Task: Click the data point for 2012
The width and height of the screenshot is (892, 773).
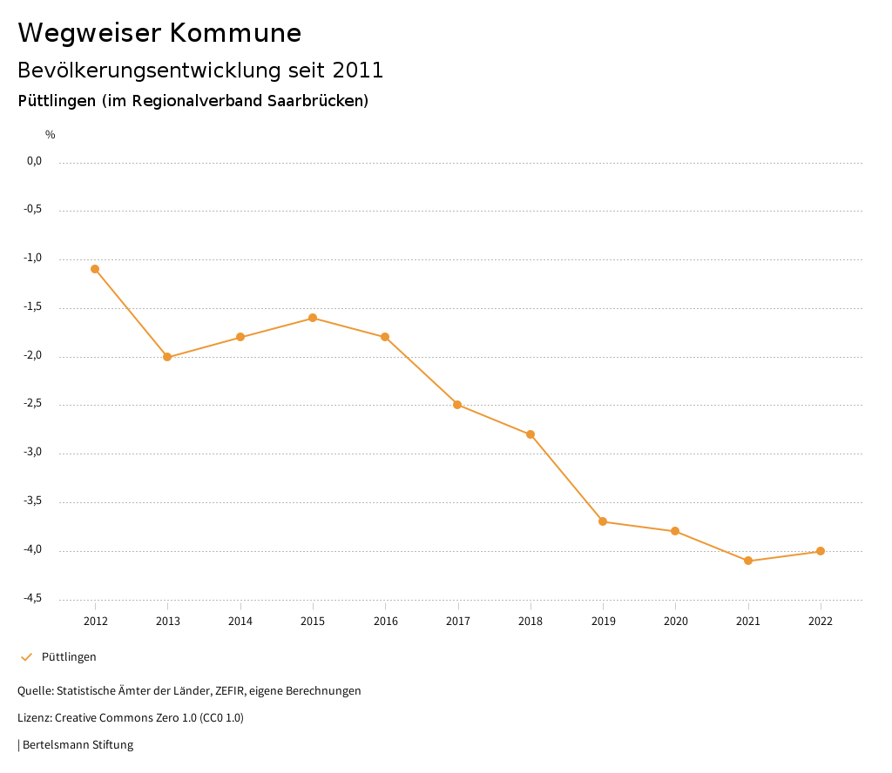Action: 95,269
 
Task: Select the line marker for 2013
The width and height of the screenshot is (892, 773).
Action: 167,357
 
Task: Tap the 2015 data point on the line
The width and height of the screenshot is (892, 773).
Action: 313,318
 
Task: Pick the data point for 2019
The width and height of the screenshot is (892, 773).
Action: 603,521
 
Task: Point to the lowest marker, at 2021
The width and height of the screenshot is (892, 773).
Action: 748,561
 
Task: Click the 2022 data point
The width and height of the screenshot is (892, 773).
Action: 821,551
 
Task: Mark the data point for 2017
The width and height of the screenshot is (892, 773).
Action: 457,405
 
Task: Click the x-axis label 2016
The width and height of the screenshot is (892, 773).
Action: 385,621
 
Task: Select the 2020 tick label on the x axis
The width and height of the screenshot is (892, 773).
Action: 675,621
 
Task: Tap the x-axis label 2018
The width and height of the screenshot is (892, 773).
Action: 530,621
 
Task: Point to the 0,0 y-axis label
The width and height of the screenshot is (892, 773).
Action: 34,161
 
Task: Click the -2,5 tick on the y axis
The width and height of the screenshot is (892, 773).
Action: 33,404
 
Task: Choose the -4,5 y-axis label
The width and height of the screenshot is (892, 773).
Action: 33,598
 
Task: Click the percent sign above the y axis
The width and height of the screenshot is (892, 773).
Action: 51,135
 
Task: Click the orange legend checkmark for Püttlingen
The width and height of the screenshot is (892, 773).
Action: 26,657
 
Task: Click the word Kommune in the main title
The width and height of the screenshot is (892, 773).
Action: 234,33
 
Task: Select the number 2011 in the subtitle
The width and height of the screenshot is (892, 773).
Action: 357,70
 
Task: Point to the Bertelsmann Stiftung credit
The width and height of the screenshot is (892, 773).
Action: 78,745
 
